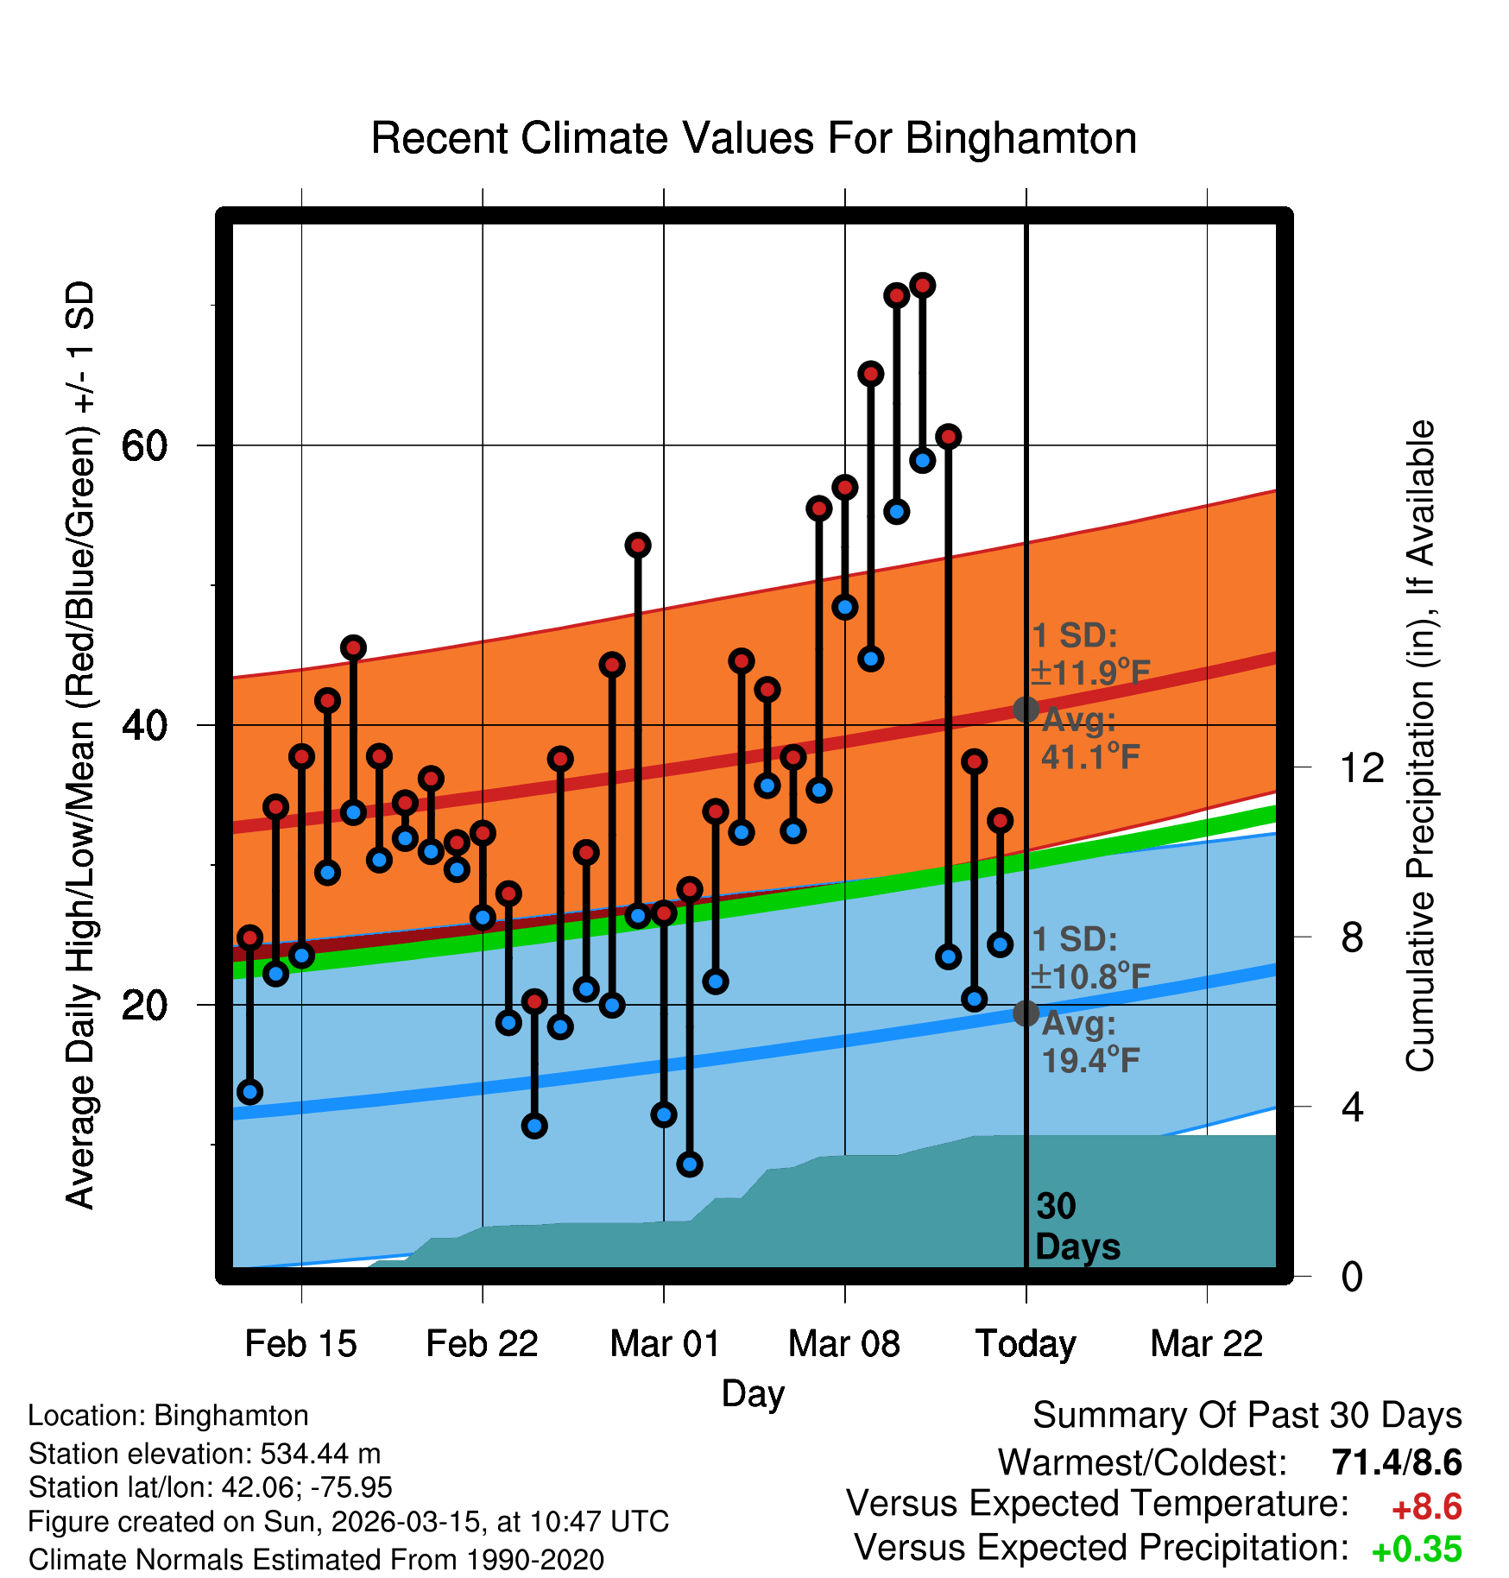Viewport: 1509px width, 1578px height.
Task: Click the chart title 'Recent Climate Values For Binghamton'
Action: pyautogui.click(x=754, y=138)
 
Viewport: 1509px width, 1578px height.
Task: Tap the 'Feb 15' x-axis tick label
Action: pyautogui.click(x=300, y=1344)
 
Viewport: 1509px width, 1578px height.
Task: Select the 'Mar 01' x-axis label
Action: pyautogui.click(x=664, y=1344)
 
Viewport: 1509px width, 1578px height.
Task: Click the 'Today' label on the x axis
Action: pyautogui.click(x=1026, y=1344)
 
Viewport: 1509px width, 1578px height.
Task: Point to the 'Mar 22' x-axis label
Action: pyautogui.click(x=1207, y=1344)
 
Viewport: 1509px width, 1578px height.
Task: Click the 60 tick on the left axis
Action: pyautogui.click(x=144, y=446)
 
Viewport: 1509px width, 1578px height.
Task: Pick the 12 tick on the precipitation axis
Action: pyautogui.click(x=1362, y=767)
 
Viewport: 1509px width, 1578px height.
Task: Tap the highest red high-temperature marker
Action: pyautogui.click(x=923, y=285)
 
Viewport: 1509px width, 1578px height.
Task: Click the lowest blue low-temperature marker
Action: pyautogui.click(x=690, y=1165)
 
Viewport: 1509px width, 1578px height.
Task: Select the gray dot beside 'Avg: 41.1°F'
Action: pyautogui.click(x=1026, y=710)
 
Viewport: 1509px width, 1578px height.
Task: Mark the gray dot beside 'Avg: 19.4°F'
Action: pyautogui.click(x=1026, y=1013)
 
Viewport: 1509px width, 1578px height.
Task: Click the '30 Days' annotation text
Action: pyautogui.click(x=1077, y=1227)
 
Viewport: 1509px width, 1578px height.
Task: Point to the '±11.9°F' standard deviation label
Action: pyautogui.click(x=1090, y=672)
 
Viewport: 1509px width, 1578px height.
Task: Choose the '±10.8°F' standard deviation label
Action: pyautogui.click(x=1090, y=976)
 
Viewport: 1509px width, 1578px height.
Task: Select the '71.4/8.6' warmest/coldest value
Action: pyautogui.click(x=1396, y=1463)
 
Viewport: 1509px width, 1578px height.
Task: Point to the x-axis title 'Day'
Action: pyautogui.click(x=753, y=1393)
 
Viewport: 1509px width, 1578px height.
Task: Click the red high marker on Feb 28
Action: pyautogui.click(x=638, y=545)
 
